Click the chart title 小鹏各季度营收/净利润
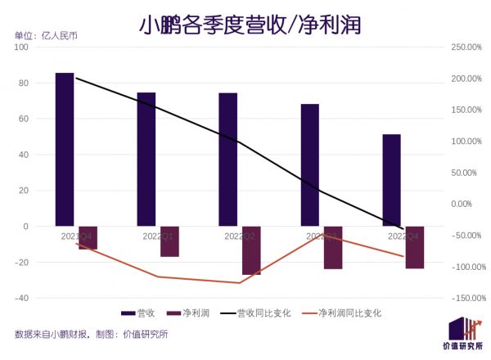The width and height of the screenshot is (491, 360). tap(245, 25)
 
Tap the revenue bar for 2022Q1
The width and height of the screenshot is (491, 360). tap(146, 159)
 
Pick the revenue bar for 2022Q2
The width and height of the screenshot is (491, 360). tap(227, 160)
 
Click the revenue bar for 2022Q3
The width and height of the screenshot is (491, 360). tap(309, 164)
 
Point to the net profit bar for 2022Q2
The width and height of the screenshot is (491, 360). tap(251, 250)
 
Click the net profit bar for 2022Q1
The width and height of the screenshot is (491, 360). tap(169, 241)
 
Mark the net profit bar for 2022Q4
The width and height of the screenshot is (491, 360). tap(415, 247)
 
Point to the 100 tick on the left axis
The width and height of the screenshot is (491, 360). tap(22, 47)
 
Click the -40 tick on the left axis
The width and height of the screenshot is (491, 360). tap(22, 298)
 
